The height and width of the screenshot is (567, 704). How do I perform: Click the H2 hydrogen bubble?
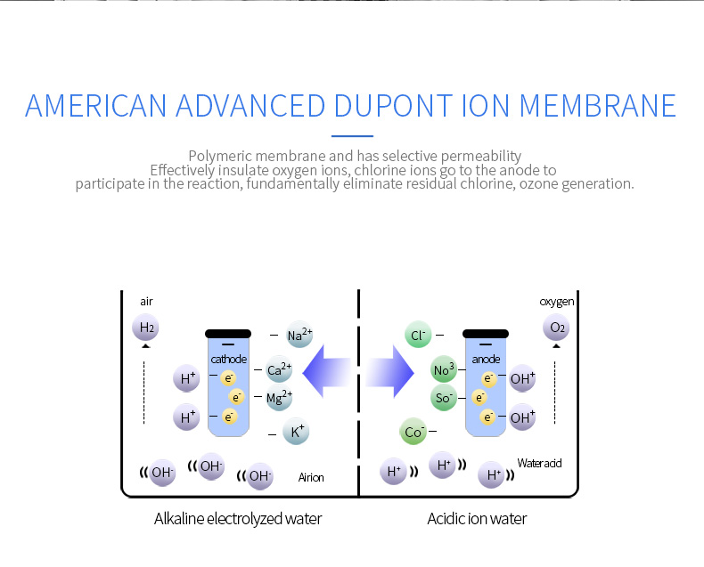pyautogui.click(x=145, y=328)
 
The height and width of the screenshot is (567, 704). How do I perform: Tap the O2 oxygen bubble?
pyautogui.click(x=556, y=328)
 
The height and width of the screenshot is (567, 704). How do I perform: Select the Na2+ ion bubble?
pyautogui.click(x=299, y=335)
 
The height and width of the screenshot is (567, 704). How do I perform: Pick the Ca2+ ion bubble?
pyautogui.click(x=279, y=369)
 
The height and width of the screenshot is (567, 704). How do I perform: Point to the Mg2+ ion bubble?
pyautogui.click(x=279, y=397)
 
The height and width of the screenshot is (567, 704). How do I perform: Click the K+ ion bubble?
pyautogui.click(x=297, y=432)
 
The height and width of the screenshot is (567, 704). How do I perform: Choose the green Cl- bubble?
pyautogui.click(x=418, y=335)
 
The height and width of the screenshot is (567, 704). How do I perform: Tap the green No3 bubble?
pyautogui.click(x=444, y=369)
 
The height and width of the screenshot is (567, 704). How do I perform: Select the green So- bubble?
pyautogui.click(x=444, y=398)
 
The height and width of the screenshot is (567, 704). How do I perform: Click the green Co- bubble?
pyautogui.click(x=413, y=432)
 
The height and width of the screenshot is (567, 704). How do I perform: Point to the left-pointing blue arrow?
pyautogui.click(x=326, y=372)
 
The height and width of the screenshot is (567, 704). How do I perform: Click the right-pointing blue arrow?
pyautogui.click(x=389, y=372)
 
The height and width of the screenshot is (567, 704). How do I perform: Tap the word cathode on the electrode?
pyautogui.click(x=228, y=359)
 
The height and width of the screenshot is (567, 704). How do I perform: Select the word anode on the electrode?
pyautogui.click(x=486, y=359)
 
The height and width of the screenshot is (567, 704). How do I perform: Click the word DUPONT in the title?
pyautogui.click(x=393, y=106)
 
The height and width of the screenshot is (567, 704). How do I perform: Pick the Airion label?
pyautogui.click(x=311, y=477)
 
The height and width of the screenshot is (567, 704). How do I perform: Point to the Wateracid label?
pyautogui.click(x=539, y=463)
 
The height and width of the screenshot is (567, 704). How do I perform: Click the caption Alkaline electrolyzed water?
pyautogui.click(x=238, y=519)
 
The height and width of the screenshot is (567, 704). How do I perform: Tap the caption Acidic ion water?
pyautogui.click(x=477, y=519)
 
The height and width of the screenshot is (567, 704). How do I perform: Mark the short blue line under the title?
pyautogui.click(x=353, y=136)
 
